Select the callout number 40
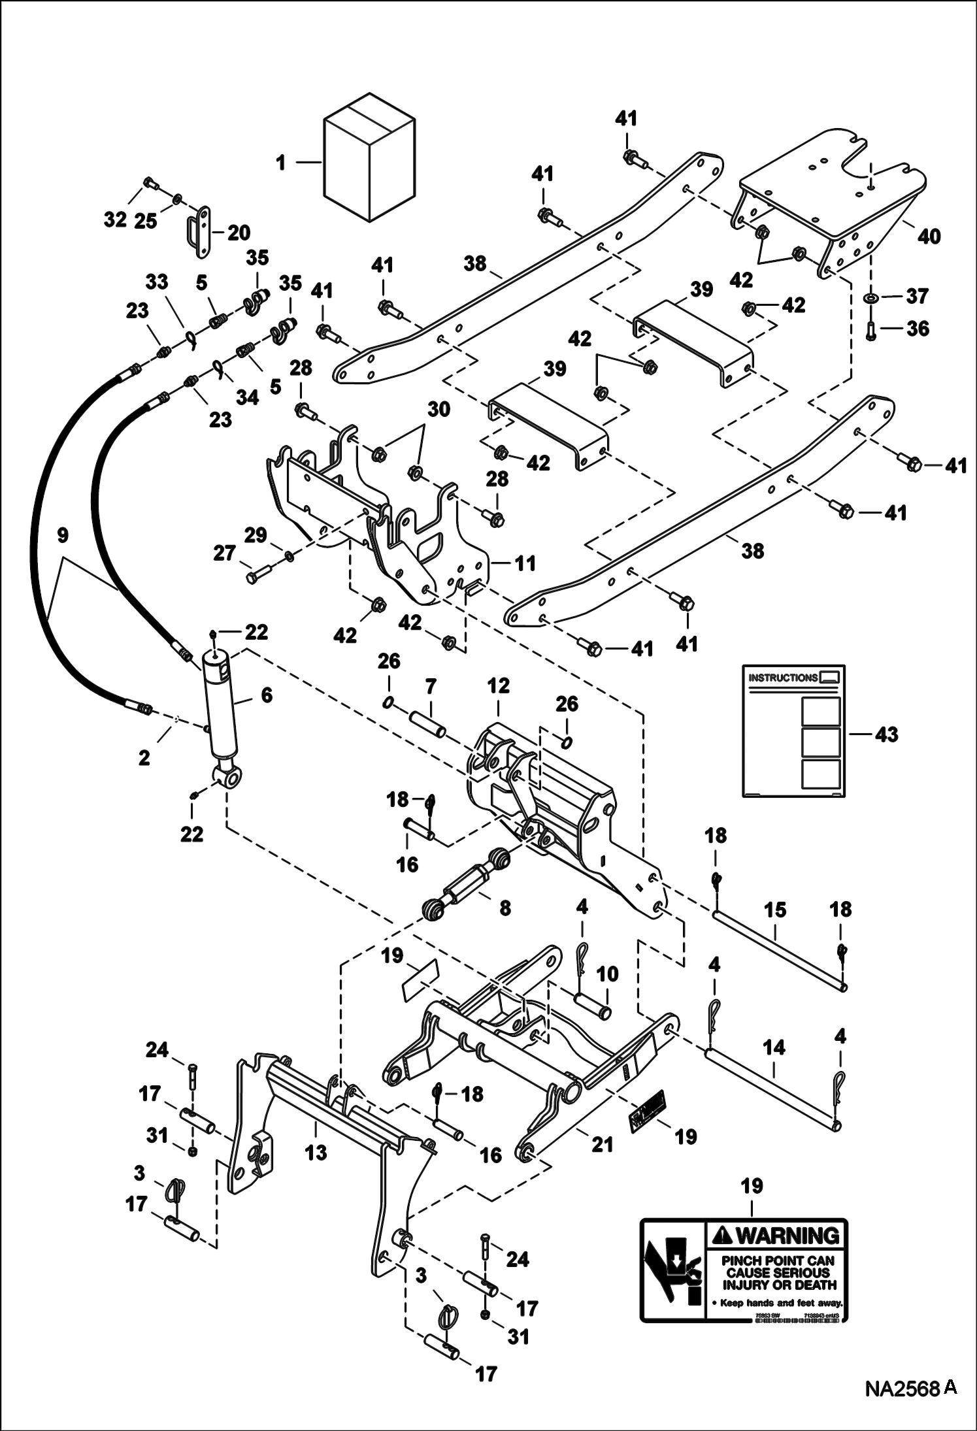(929, 236)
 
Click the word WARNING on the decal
(776, 1236)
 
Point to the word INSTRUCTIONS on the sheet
(782, 678)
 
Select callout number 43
(887, 734)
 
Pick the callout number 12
(498, 686)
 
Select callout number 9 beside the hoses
(62, 536)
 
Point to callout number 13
(316, 1152)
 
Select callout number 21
(602, 1144)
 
